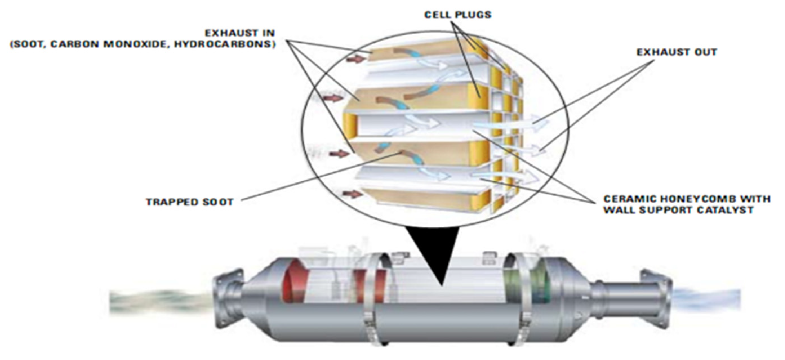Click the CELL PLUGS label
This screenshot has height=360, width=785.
tap(457, 14)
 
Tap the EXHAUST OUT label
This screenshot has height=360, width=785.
tap(677, 52)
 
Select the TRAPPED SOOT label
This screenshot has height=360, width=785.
tap(190, 202)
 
